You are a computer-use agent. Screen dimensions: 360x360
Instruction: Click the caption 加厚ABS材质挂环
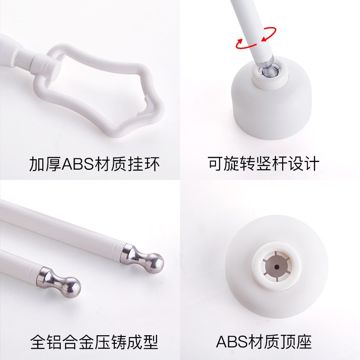pyautogui.click(x=94, y=164)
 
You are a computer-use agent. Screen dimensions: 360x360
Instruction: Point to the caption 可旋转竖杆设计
pyautogui.click(x=263, y=164)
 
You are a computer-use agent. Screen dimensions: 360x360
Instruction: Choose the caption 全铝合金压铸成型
pyautogui.click(x=94, y=342)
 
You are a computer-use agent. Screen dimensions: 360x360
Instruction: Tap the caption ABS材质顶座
pyautogui.click(x=264, y=342)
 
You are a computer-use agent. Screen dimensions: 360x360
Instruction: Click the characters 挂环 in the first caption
pyautogui.click(x=146, y=164)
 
